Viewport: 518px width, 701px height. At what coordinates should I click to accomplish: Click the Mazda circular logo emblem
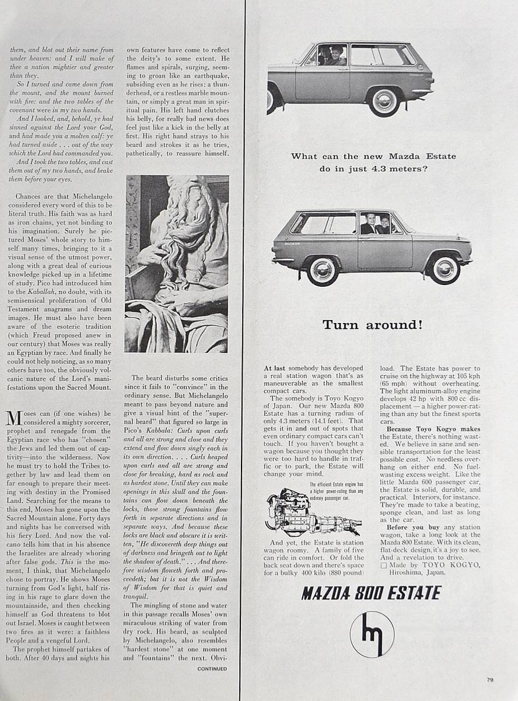click(x=372, y=634)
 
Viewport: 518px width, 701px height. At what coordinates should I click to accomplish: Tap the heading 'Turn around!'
click(x=373, y=325)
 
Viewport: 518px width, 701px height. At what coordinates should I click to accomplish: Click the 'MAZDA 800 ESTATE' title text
click(x=371, y=594)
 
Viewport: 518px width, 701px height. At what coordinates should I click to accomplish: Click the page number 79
click(x=491, y=679)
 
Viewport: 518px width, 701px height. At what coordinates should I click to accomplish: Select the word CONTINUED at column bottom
click(x=212, y=668)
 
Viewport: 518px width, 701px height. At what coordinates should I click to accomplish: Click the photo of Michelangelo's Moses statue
click(x=176, y=263)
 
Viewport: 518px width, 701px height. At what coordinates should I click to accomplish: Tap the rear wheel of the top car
click(x=384, y=101)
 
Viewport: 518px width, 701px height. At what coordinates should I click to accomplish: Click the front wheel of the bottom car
click(x=446, y=268)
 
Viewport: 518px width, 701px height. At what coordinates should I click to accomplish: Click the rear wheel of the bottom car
click(x=323, y=270)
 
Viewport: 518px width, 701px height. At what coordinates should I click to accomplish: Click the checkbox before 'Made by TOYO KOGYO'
click(x=383, y=565)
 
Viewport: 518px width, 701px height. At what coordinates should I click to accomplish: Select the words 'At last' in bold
click(x=275, y=369)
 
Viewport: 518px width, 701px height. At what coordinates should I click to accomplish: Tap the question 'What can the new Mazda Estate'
click(x=373, y=157)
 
